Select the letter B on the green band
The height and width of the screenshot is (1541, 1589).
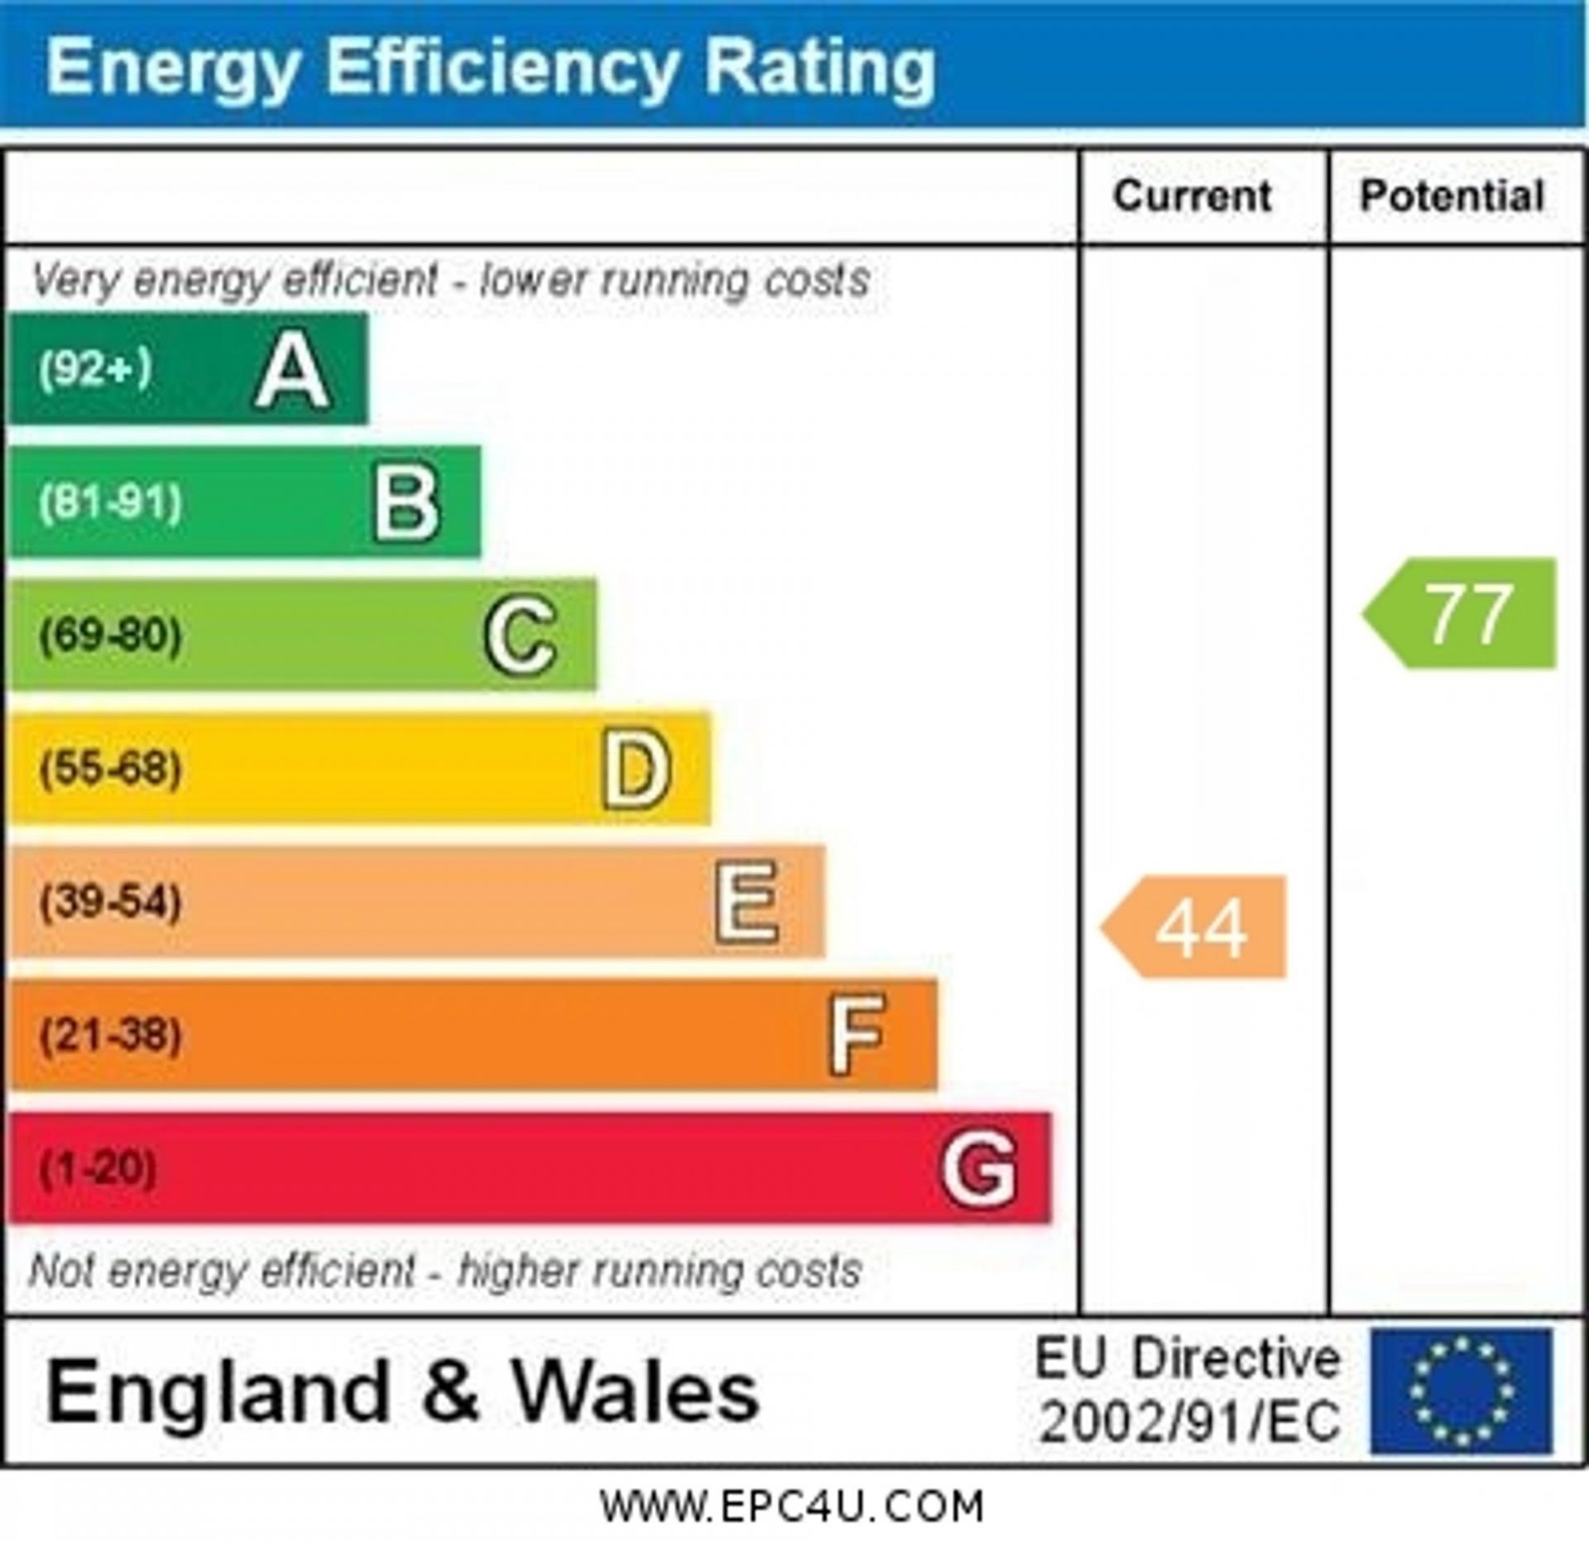(x=406, y=503)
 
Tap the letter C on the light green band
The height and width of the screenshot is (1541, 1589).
(x=520, y=636)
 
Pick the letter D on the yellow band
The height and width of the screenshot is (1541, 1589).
(x=636, y=770)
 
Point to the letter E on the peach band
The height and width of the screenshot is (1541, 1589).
(x=746, y=902)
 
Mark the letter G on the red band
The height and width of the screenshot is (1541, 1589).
(x=978, y=1168)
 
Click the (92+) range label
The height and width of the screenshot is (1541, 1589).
(x=95, y=369)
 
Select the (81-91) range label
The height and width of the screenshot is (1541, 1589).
(x=110, y=502)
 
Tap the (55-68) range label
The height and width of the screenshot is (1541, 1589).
(x=110, y=769)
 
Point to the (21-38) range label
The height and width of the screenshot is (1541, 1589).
(x=110, y=1035)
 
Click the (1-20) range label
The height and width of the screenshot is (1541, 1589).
(x=98, y=1169)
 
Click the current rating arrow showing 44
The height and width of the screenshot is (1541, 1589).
(x=1196, y=927)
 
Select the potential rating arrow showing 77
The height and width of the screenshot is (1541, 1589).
(x=1462, y=613)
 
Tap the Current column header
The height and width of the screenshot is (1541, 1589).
(x=1192, y=196)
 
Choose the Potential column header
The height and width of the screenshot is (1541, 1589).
(x=1452, y=196)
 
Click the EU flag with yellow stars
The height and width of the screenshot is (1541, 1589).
(x=1462, y=1392)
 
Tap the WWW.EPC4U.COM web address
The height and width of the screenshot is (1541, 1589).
(x=792, y=1507)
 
